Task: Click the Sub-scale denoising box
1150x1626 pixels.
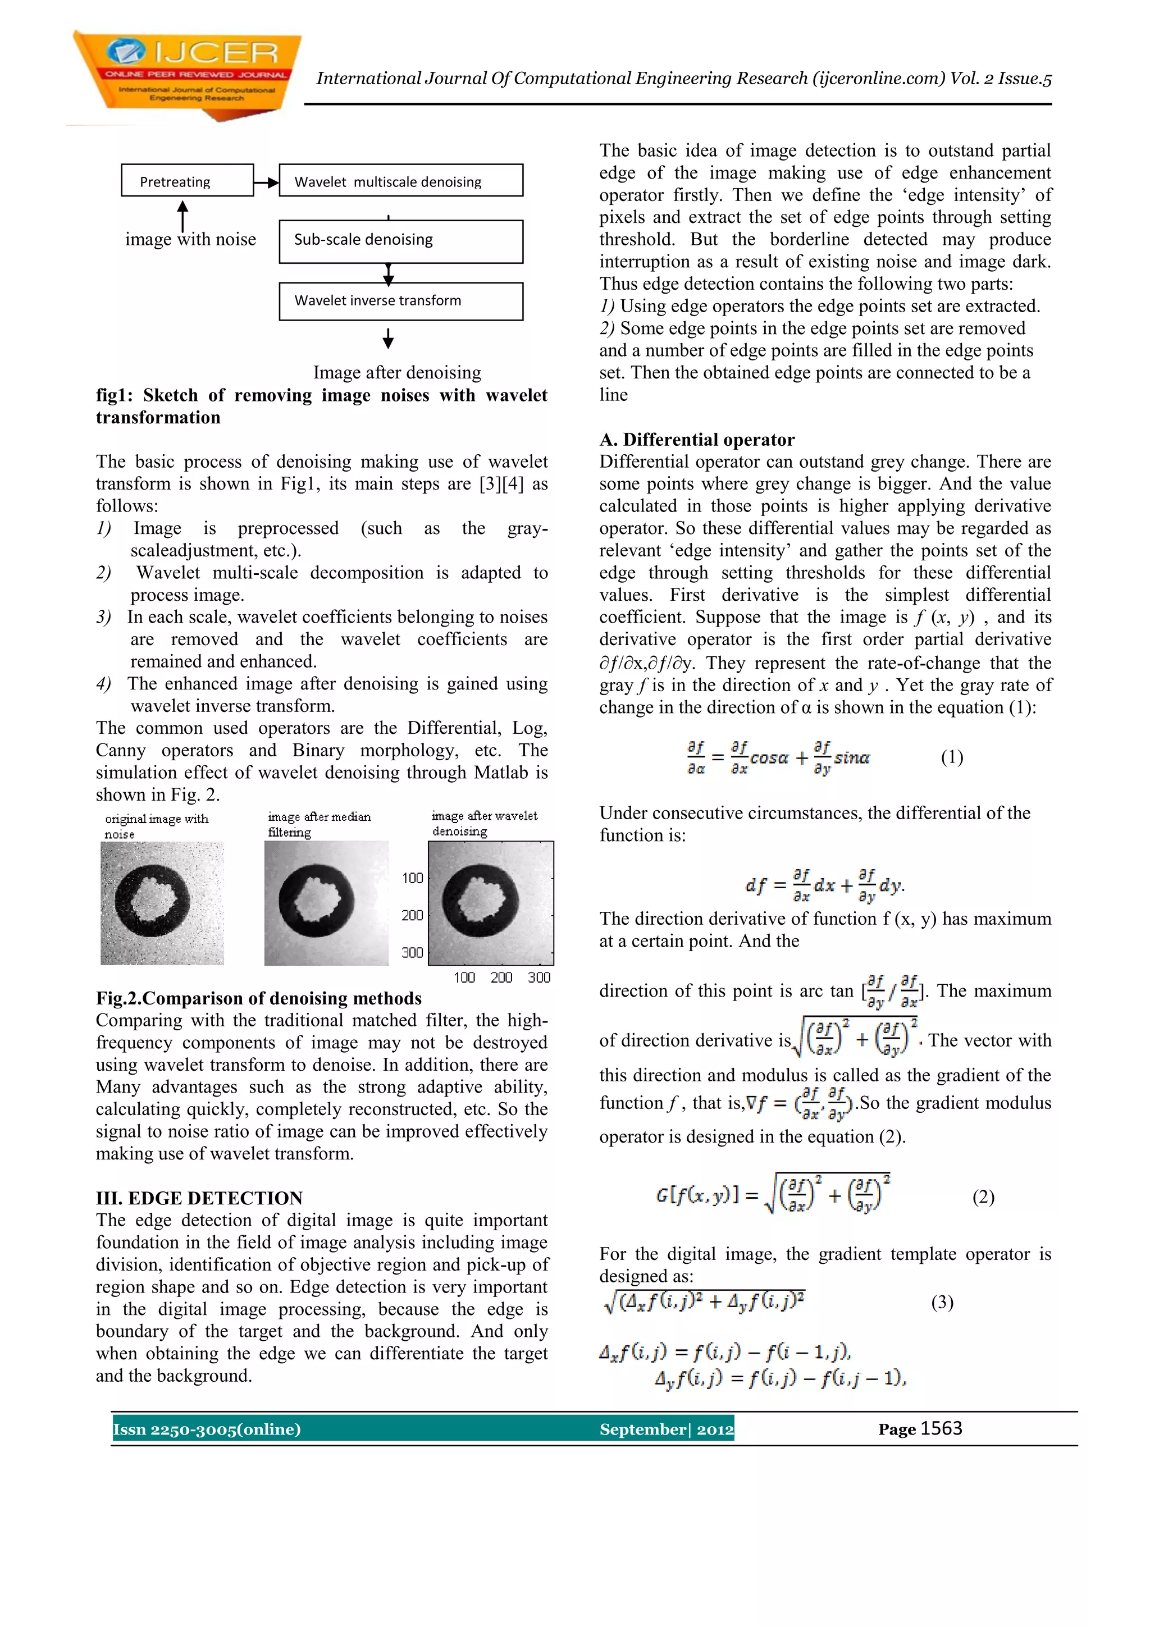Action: (x=401, y=241)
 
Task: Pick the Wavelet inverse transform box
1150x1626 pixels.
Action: (x=401, y=301)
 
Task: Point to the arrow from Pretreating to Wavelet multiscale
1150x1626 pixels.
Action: (x=266, y=182)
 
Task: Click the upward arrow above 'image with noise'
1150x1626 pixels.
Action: (x=182, y=214)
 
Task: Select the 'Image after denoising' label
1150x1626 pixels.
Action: (x=396, y=372)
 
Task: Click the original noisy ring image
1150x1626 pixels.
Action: (x=162, y=903)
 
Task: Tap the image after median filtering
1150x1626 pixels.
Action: (x=326, y=903)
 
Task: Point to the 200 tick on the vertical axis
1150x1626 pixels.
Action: (x=412, y=915)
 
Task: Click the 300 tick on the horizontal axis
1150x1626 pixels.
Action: (x=539, y=978)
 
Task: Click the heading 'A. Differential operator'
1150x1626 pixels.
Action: (x=697, y=440)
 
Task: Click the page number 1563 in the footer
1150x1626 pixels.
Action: (x=941, y=1428)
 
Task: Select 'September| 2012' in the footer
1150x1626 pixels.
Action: (x=665, y=1429)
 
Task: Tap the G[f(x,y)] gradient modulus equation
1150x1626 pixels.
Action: (x=773, y=1195)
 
